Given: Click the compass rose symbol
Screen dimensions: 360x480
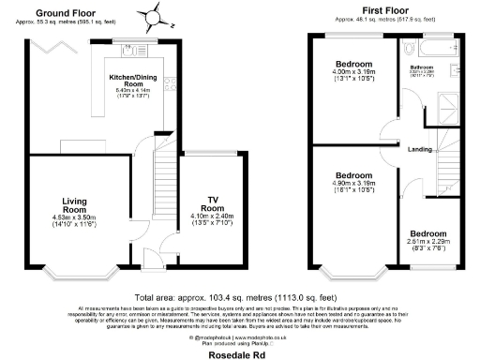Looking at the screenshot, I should (x=151, y=17).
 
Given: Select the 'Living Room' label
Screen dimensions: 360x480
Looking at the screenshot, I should (x=75, y=206).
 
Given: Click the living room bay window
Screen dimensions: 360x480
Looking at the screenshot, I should (x=73, y=275).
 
